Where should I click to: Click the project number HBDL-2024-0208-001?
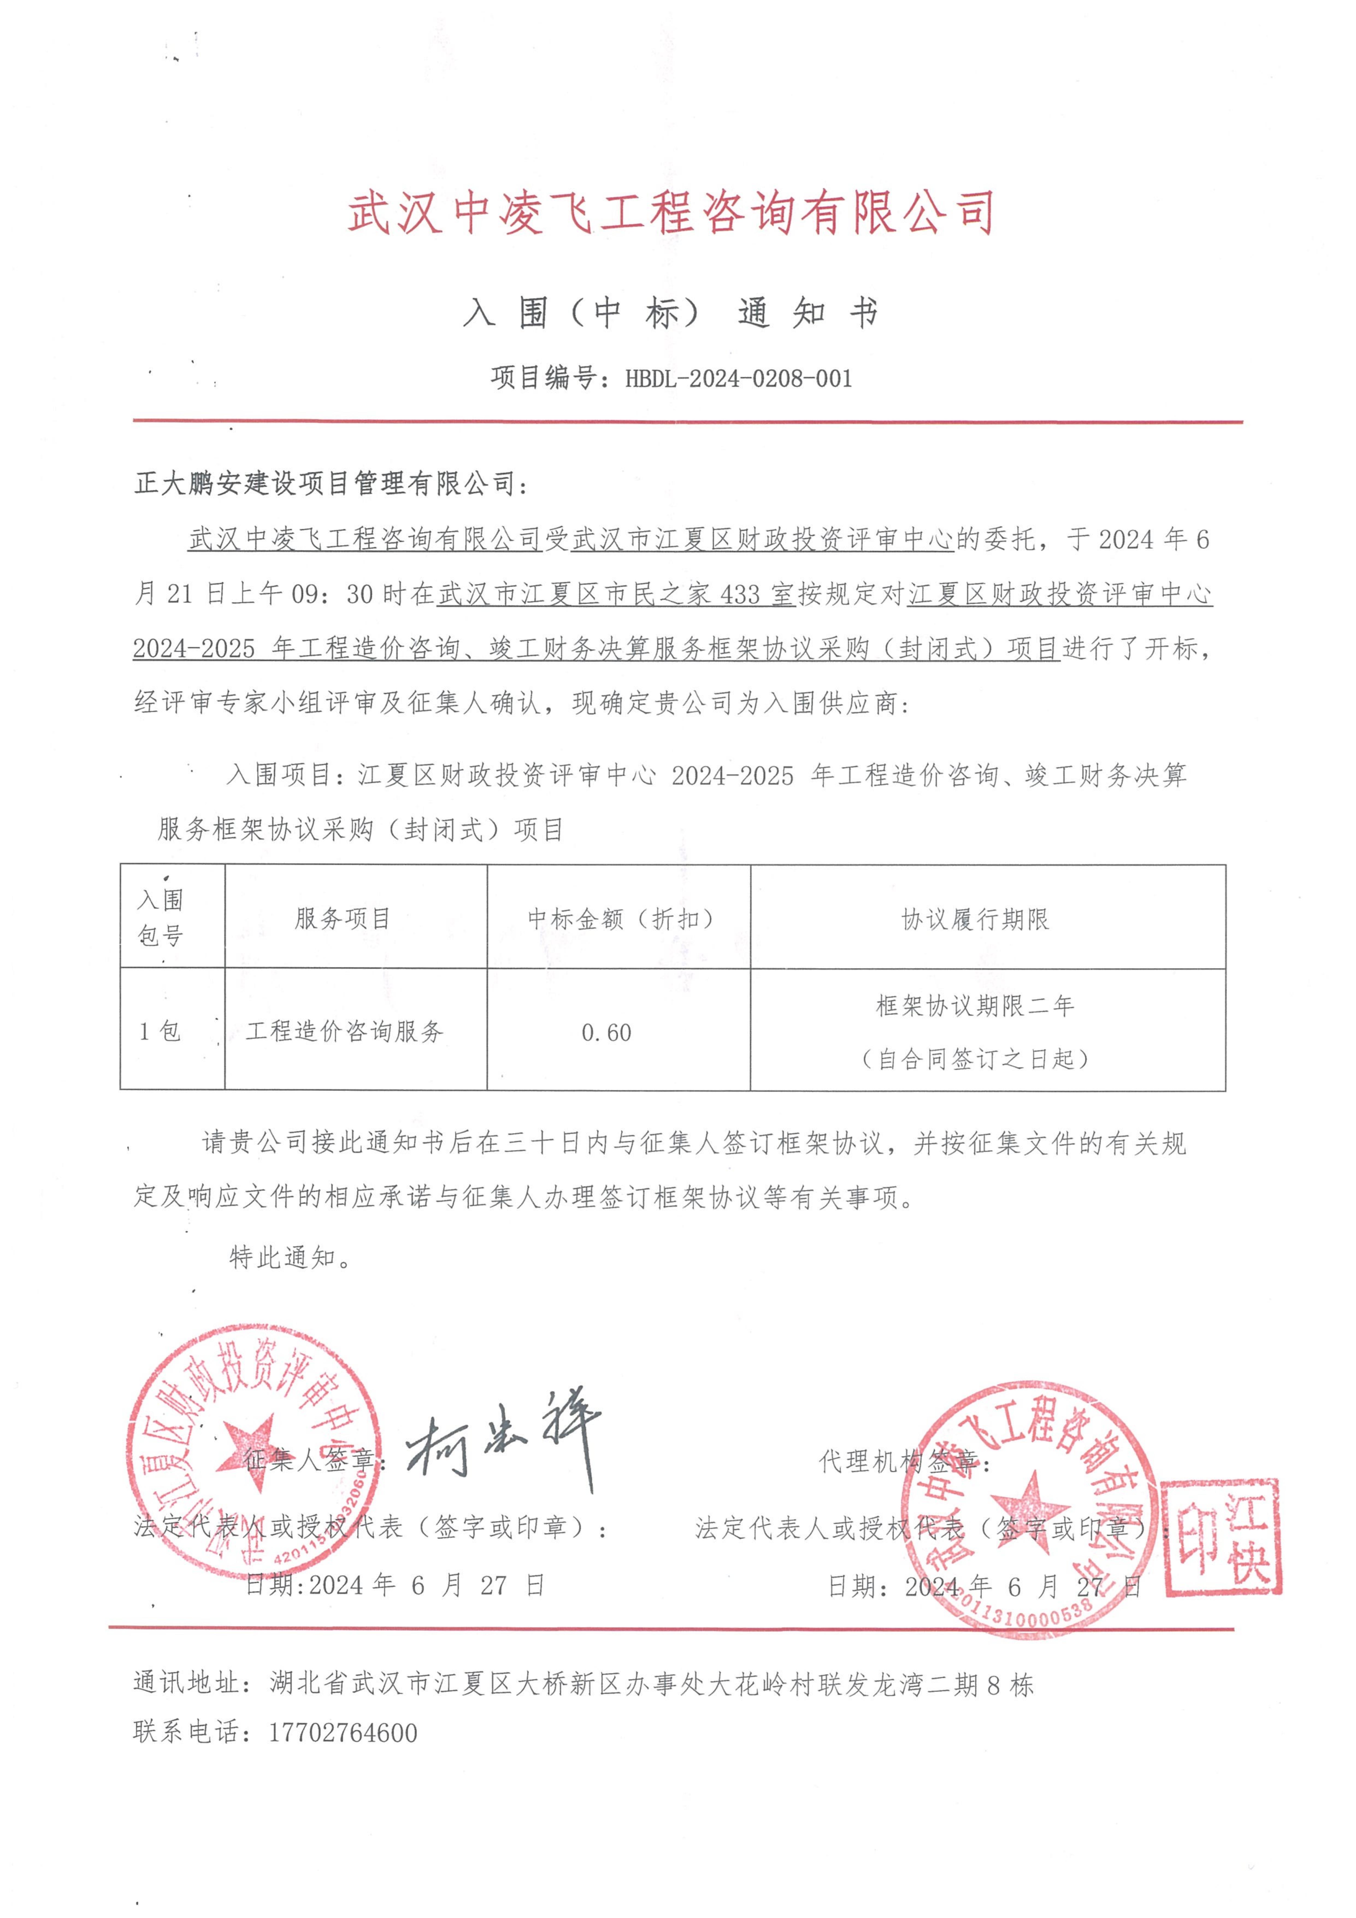[739, 378]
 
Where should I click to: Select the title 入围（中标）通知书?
[670, 313]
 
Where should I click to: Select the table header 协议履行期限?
[975, 920]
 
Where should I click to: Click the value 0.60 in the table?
[607, 1032]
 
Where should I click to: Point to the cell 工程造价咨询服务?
[344, 1032]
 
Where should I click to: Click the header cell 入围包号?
[160, 917]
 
